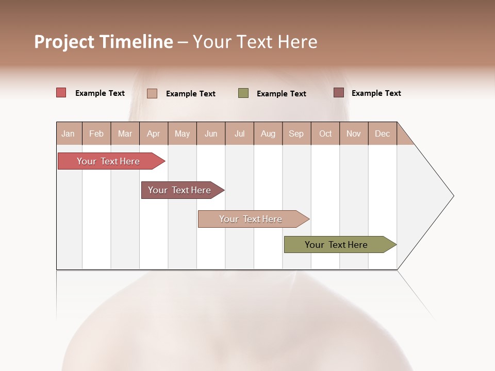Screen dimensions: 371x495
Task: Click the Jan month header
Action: click(68, 133)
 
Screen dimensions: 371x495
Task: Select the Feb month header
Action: click(96, 133)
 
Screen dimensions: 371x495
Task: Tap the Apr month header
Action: click(153, 133)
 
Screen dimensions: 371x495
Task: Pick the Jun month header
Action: click(211, 133)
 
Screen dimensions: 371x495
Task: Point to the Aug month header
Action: click(268, 133)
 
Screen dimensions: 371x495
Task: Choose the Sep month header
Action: click(296, 133)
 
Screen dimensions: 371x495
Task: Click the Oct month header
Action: click(325, 133)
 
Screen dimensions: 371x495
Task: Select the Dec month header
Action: click(382, 133)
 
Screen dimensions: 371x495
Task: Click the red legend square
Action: click(61, 93)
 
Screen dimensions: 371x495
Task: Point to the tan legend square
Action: click(152, 93)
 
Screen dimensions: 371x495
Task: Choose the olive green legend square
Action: click(243, 93)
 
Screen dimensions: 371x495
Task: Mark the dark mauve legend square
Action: click(338, 93)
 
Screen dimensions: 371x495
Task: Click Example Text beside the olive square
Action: click(282, 94)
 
